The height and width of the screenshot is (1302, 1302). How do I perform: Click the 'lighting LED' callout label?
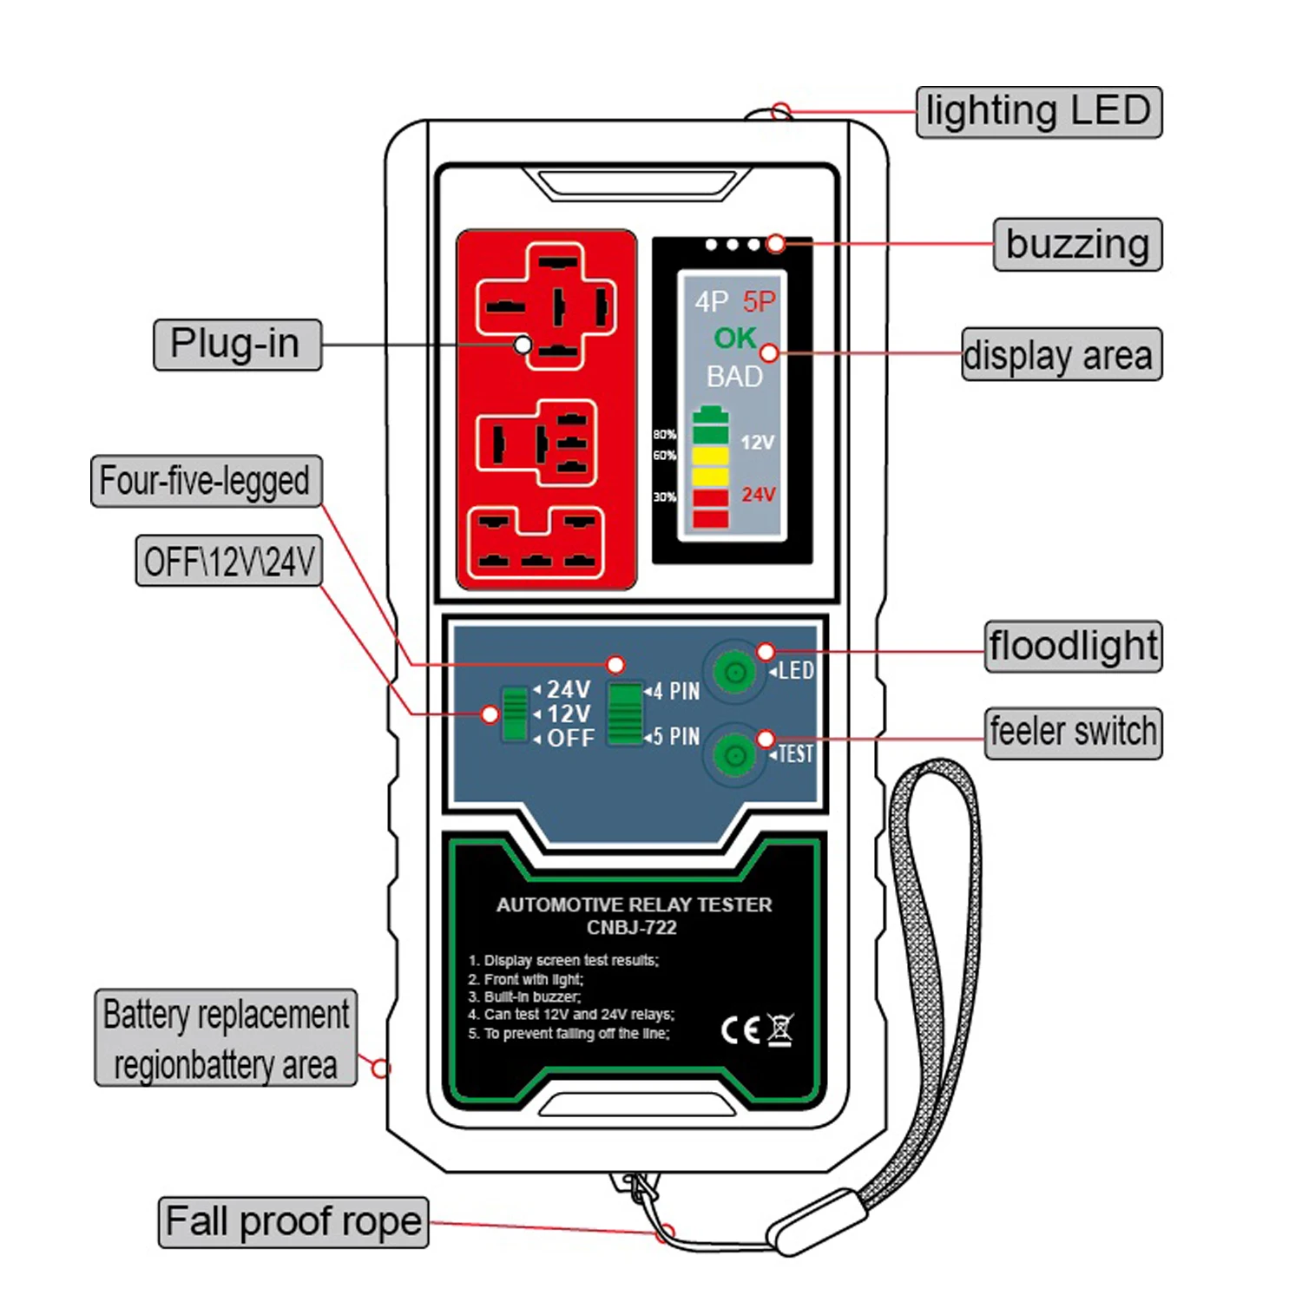[x=1038, y=111]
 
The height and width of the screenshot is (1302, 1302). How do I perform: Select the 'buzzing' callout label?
[x=1077, y=244]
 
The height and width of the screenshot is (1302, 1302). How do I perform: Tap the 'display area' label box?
[x=1061, y=354]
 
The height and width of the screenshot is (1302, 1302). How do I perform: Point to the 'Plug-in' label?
[x=237, y=345]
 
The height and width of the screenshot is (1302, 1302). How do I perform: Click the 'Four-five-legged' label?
[x=206, y=481]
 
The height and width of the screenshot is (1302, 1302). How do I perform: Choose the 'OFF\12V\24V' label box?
[x=229, y=561]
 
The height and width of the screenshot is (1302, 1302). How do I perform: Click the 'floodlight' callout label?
[x=1073, y=646]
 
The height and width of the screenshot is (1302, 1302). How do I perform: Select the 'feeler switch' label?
[x=1073, y=732]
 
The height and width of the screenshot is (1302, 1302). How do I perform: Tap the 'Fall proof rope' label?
[x=293, y=1221]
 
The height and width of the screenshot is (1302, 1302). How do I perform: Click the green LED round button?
[x=734, y=672]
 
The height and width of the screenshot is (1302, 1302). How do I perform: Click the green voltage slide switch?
[x=515, y=713]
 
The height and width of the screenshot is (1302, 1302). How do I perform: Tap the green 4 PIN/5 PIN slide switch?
[x=625, y=713]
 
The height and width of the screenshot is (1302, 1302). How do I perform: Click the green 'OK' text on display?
[x=734, y=338]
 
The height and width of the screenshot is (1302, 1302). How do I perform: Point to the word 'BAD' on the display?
[x=734, y=377]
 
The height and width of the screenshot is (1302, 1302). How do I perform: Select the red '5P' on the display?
[x=759, y=302]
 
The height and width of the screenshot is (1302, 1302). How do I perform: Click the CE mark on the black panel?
[x=740, y=1030]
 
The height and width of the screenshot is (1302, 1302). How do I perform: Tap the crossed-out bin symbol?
[x=779, y=1029]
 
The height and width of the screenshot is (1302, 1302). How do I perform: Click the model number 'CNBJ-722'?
[x=632, y=928]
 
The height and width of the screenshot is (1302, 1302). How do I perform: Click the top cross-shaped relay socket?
[x=547, y=306]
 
